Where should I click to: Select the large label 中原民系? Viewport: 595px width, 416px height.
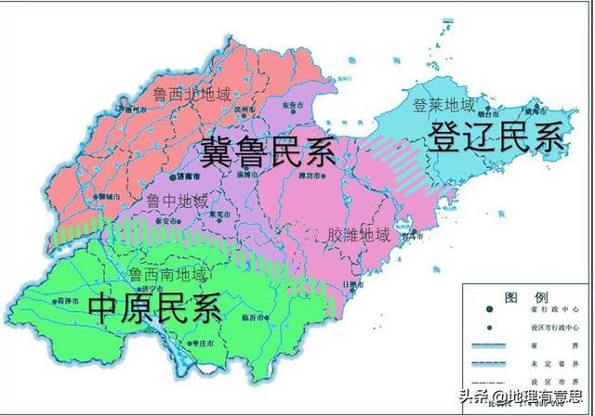point(156,306)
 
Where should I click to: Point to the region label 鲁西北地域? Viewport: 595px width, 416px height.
point(192,95)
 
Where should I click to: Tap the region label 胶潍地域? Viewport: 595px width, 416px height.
point(359,234)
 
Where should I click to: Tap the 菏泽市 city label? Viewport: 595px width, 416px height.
point(67,302)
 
